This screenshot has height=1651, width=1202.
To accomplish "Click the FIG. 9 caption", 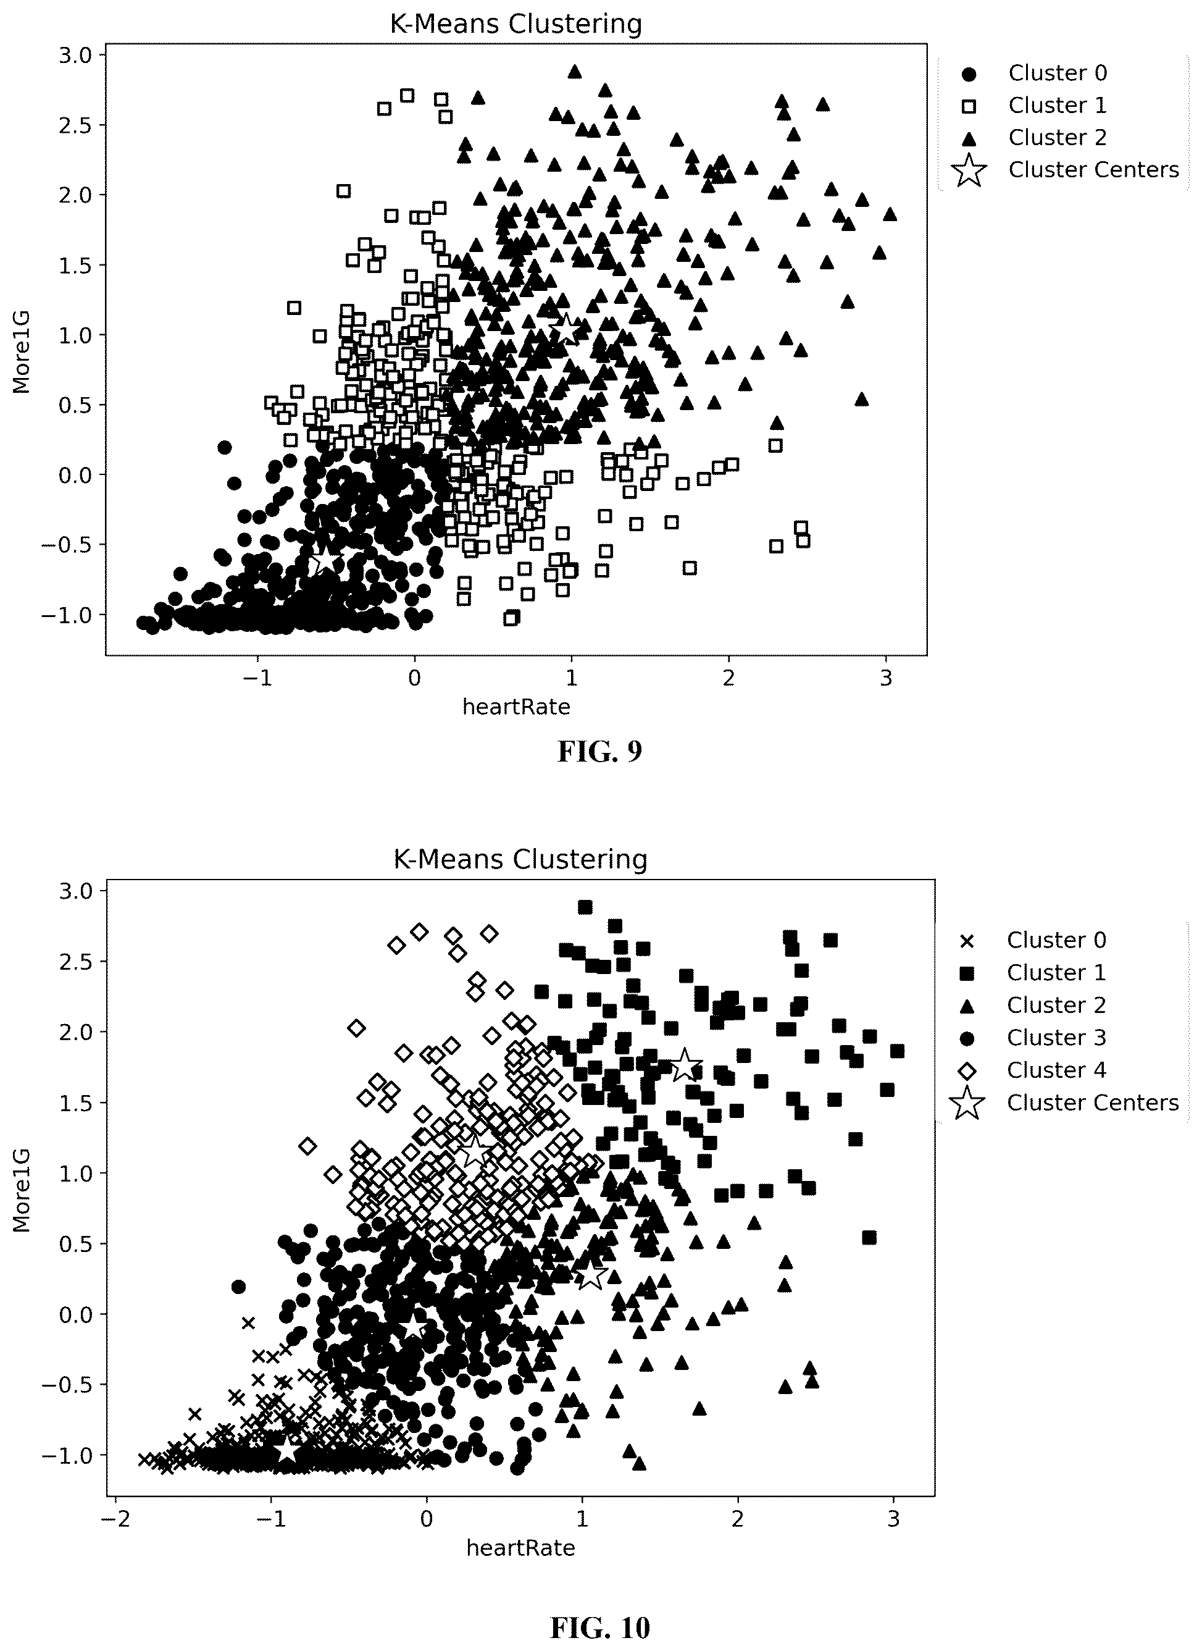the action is (599, 752).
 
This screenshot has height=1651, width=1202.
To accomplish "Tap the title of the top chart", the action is (517, 25).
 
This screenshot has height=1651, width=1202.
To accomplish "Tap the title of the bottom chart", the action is (520, 860).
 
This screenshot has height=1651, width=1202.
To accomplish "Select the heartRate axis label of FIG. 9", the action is (517, 707).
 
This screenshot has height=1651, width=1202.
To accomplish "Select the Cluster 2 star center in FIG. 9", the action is (566, 331).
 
